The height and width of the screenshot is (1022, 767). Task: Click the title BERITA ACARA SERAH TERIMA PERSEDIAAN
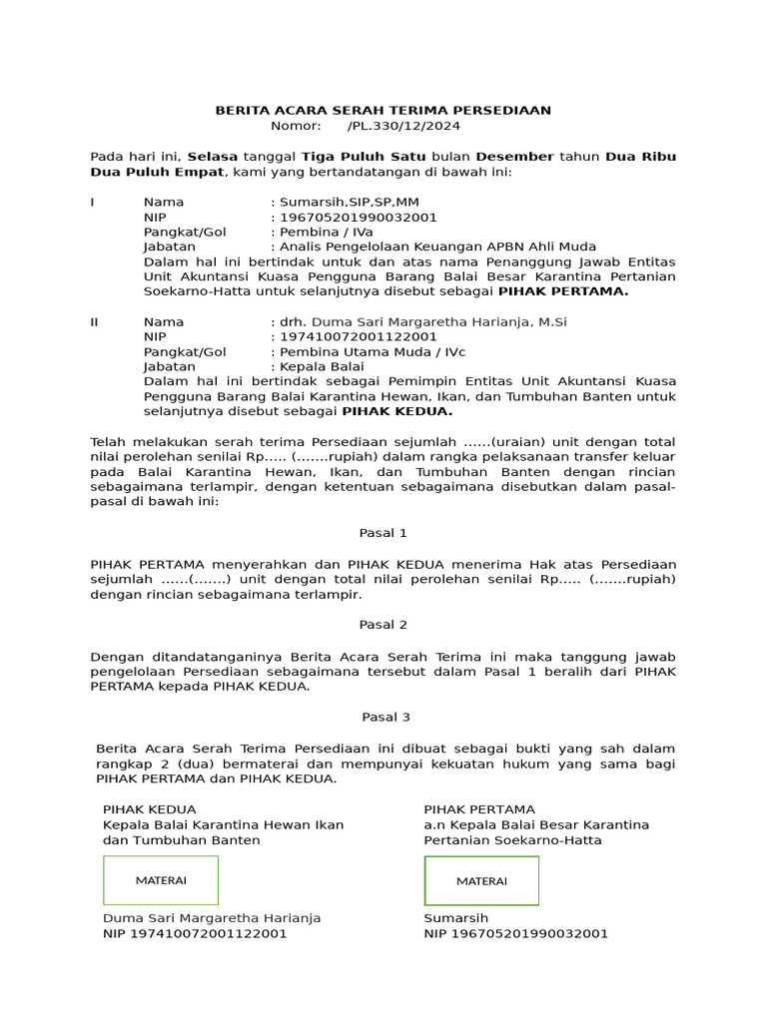383,111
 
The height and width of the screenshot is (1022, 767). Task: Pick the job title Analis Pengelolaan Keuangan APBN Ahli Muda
437,247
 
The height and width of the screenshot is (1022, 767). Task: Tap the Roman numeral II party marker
95,321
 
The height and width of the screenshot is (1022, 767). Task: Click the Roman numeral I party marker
93,202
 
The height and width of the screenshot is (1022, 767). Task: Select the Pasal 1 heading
383,533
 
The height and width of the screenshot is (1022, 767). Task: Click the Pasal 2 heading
383,625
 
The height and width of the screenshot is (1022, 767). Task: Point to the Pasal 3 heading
383,717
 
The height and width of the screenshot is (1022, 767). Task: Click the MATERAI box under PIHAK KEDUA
161,880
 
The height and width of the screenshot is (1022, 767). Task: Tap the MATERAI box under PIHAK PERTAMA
481,880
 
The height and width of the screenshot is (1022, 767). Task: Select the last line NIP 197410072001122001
195,934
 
